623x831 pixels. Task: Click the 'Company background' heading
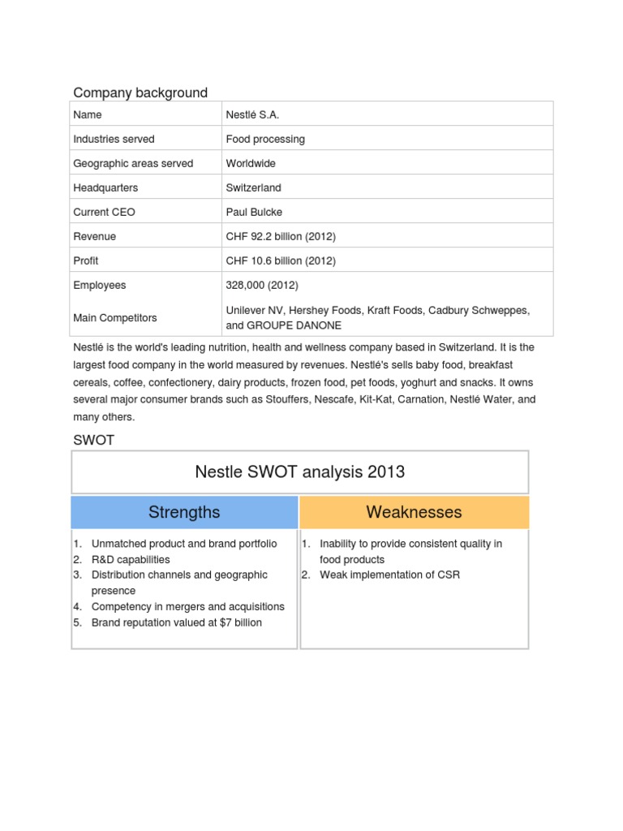pyautogui.click(x=140, y=93)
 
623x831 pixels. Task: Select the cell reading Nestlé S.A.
pyautogui.click(x=252, y=114)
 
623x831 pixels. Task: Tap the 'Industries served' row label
pyautogui.click(x=114, y=139)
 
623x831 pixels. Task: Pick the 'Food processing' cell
pyautogui.click(x=265, y=139)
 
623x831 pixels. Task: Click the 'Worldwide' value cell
pyautogui.click(x=251, y=163)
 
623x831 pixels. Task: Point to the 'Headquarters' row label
pyautogui.click(x=105, y=187)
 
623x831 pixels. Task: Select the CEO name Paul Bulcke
pyautogui.click(x=254, y=212)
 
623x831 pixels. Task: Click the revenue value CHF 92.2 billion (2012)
pyautogui.click(x=281, y=236)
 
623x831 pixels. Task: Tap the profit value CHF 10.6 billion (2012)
pyautogui.click(x=281, y=260)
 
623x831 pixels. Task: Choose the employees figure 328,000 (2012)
pyautogui.click(x=262, y=285)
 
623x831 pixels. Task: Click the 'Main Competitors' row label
pyautogui.click(x=115, y=317)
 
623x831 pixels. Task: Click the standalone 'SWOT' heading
pyautogui.click(x=94, y=440)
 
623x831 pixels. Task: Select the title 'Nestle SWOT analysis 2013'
pyautogui.click(x=300, y=471)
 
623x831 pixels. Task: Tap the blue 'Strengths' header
pyautogui.click(x=184, y=512)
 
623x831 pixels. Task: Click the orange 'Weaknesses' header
pyautogui.click(x=414, y=512)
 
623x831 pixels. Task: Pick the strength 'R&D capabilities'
pyautogui.click(x=131, y=559)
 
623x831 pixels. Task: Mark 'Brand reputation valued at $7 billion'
pyautogui.click(x=177, y=622)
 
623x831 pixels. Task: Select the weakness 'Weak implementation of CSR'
pyautogui.click(x=390, y=575)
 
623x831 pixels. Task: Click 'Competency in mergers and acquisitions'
pyautogui.click(x=188, y=606)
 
